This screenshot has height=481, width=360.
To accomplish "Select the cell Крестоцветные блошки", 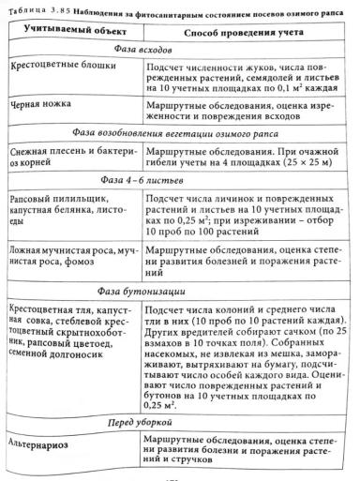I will click(x=64, y=71).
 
